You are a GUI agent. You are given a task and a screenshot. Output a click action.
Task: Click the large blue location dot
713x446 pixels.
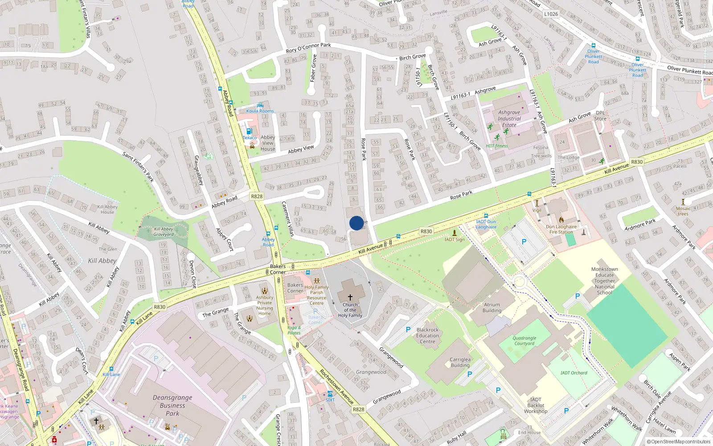[x=356, y=223]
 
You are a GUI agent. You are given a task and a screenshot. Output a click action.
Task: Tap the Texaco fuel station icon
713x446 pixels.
[x=249, y=131]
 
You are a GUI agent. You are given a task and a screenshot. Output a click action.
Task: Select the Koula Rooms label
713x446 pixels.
[x=260, y=111]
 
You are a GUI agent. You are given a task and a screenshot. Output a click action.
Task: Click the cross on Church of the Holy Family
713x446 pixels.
[x=350, y=297]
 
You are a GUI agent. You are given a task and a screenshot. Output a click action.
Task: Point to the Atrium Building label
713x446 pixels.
[x=492, y=308]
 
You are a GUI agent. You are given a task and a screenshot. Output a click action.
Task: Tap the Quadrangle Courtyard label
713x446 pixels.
[x=525, y=341]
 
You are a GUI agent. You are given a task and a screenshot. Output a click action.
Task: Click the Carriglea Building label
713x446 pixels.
[x=460, y=362]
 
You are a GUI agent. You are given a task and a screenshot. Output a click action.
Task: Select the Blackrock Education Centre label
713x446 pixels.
[x=427, y=336]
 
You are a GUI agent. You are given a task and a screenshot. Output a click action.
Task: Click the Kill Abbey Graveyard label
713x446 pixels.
[x=164, y=231]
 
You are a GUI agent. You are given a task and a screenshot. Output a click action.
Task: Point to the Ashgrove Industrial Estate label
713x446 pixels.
[x=509, y=119]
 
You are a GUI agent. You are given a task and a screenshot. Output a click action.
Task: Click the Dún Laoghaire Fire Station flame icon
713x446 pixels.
[x=561, y=219]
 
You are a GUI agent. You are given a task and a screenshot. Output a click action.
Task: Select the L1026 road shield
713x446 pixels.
[x=551, y=14]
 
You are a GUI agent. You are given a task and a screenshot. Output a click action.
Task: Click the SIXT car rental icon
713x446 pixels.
[x=330, y=394]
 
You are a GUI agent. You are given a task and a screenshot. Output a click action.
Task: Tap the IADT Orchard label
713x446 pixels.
[x=574, y=373]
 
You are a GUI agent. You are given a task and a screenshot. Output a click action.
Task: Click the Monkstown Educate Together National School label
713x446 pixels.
[x=605, y=281]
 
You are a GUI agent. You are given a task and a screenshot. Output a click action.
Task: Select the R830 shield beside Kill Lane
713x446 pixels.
[x=160, y=307]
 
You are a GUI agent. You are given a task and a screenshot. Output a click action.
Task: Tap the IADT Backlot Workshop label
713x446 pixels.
[x=536, y=405]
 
